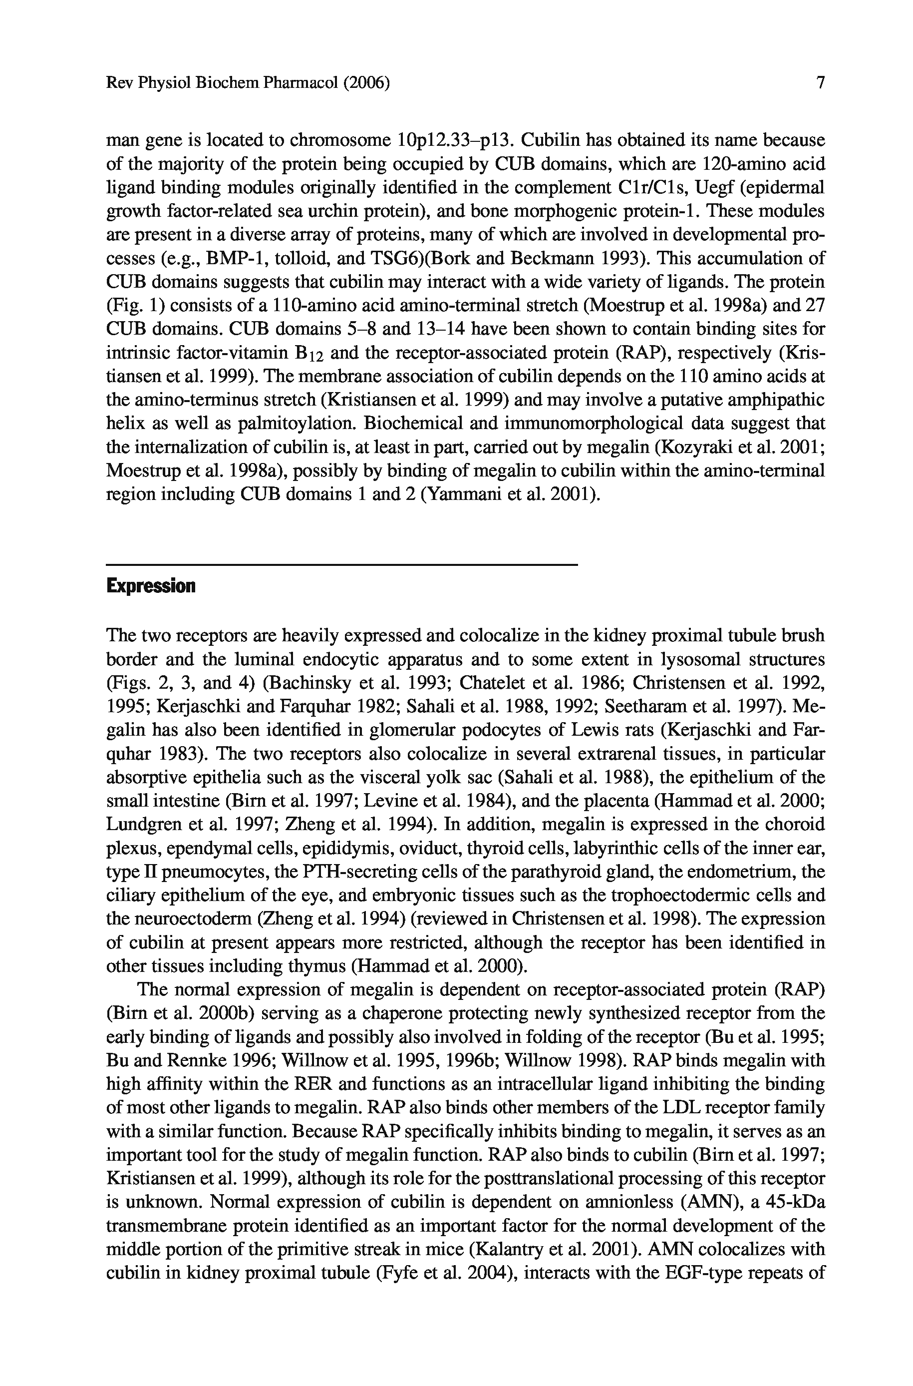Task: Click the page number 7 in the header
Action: (821, 83)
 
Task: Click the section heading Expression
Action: (150, 586)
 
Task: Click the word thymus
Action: (317, 966)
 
